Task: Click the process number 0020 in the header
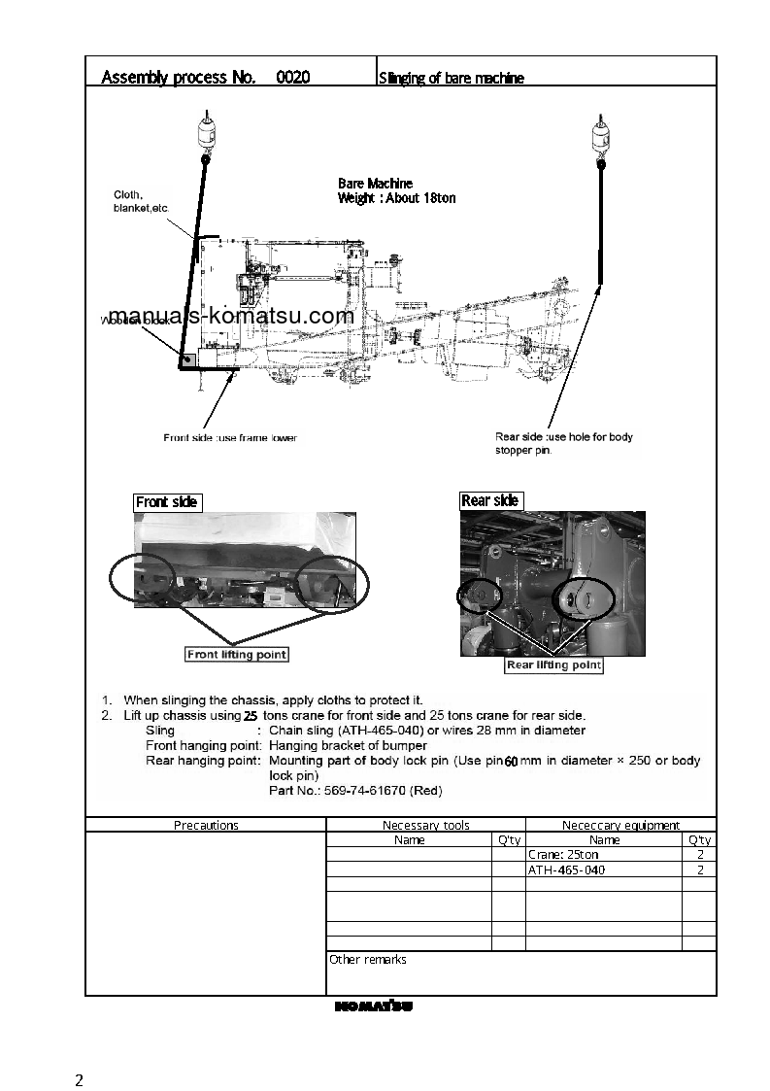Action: [x=292, y=78]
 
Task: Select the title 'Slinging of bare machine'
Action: [x=451, y=79]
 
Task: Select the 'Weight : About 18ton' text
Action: [x=396, y=198]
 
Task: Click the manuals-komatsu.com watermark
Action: [x=231, y=316]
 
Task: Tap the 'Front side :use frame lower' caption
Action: [x=230, y=438]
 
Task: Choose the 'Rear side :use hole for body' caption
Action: [x=564, y=437]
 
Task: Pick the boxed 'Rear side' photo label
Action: [x=490, y=500]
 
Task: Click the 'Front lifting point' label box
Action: [x=237, y=655]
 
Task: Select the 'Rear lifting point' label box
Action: [x=553, y=665]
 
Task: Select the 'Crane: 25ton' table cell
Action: [x=563, y=855]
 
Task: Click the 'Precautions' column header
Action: [x=206, y=825]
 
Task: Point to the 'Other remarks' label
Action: [x=367, y=960]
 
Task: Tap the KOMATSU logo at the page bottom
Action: [x=374, y=1006]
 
